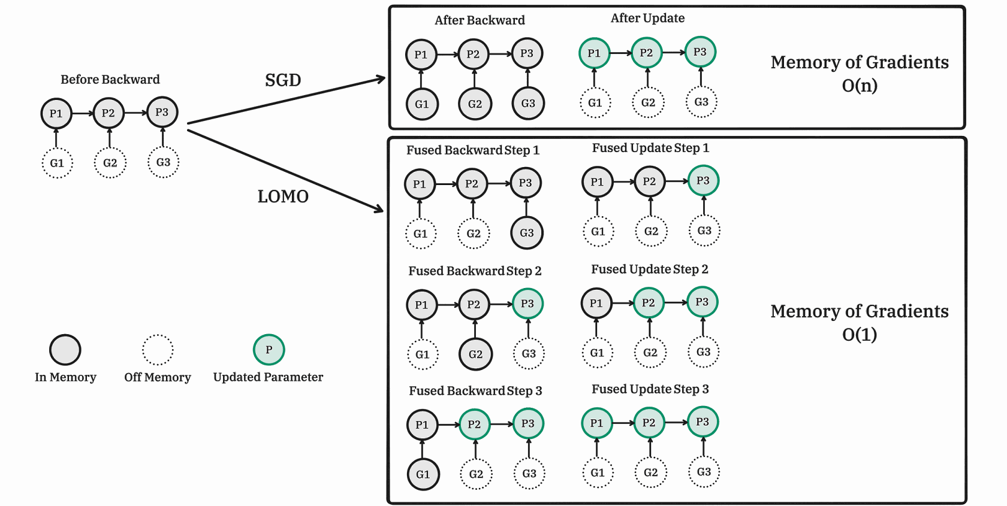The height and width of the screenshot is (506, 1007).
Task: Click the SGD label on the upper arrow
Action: (x=283, y=80)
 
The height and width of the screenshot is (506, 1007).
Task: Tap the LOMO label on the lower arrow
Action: (x=283, y=196)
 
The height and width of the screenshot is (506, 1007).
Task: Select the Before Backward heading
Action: (x=110, y=80)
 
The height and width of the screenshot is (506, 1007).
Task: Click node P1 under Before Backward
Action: (x=56, y=113)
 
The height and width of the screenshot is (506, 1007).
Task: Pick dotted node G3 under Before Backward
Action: (x=163, y=162)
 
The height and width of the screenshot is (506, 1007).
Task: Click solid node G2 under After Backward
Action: (x=475, y=104)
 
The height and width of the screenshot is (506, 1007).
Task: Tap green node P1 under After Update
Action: (x=594, y=53)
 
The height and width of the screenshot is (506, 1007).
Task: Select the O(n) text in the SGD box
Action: (x=860, y=85)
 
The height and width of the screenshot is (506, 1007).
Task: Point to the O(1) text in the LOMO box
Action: (x=860, y=335)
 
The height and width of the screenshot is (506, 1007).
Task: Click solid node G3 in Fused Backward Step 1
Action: (x=527, y=232)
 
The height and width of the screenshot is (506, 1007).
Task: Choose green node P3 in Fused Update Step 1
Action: (x=703, y=180)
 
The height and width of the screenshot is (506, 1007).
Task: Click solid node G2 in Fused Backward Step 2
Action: (x=476, y=354)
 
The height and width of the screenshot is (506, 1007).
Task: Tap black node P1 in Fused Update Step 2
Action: (x=596, y=303)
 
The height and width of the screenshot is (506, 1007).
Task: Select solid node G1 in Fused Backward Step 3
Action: (x=423, y=474)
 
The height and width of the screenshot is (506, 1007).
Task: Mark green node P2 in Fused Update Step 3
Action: (x=649, y=423)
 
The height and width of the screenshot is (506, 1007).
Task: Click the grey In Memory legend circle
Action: (x=65, y=350)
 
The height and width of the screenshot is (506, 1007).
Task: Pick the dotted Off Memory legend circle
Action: (x=158, y=350)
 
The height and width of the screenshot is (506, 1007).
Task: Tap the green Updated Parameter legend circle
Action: (x=269, y=350)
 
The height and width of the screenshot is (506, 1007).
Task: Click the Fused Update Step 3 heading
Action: (x=650, y=389)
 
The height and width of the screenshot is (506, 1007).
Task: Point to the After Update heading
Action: (x=648, y=19)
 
